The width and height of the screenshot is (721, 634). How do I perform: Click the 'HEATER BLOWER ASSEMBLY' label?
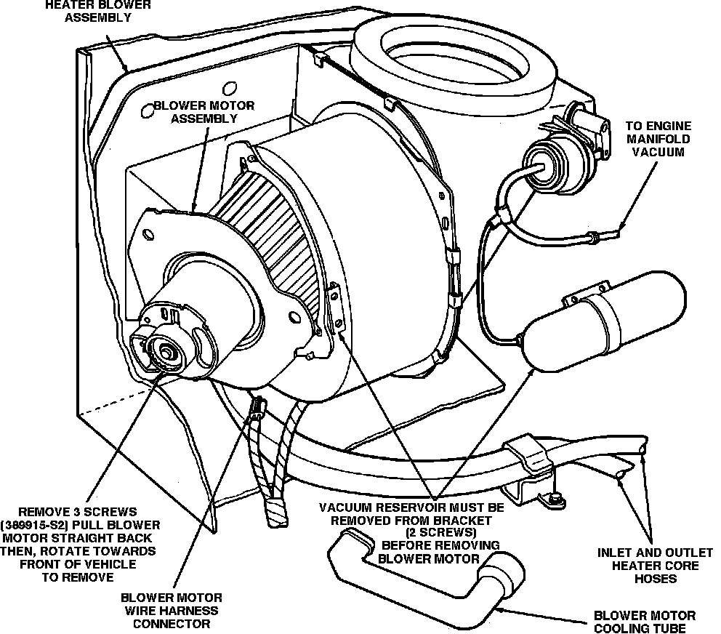tap(99, 11)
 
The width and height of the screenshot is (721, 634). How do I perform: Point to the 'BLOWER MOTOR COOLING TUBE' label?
tap(645, 622)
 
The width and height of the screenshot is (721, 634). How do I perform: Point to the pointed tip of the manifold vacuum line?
tap(622, 232)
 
